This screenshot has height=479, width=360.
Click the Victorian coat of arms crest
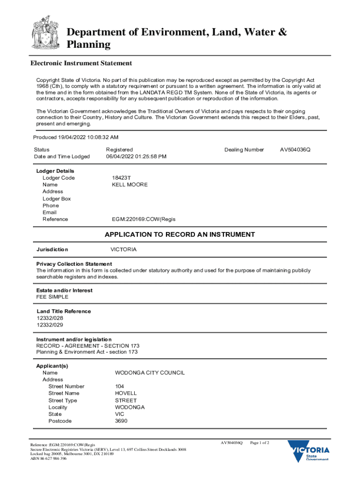(45, 33)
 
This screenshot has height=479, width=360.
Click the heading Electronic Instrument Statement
(81, 63)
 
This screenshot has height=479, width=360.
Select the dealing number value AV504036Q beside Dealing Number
(295, 150)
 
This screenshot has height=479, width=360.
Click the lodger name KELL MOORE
(130, 185)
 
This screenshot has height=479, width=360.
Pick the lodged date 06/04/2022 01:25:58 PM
(136, 156)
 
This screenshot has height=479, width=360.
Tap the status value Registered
(119, 150)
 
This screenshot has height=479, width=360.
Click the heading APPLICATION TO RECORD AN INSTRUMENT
(180, 234)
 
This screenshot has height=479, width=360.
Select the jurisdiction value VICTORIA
(123, 249)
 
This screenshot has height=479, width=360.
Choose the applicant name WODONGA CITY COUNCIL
(150, 373)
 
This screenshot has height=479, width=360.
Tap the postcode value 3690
(121, 421)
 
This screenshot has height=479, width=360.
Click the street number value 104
(120, 386)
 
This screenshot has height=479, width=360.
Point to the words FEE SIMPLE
(52, 297)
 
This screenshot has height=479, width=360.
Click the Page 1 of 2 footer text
(260, 443)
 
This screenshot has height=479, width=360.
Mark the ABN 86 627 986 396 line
(49, 459)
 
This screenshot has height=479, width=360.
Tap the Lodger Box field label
(57, 199)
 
